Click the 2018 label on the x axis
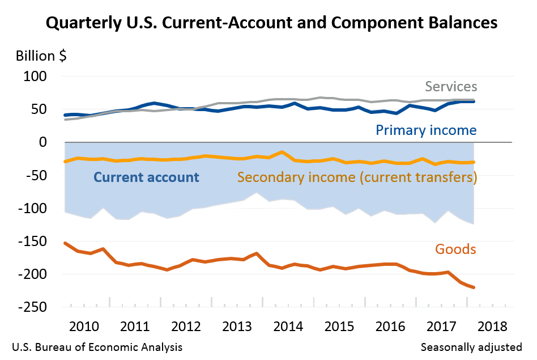click(492, 327)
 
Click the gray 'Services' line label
click(451, 87)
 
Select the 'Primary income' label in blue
click(426, 130)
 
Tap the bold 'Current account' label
click(146, 177)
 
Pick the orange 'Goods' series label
click(455, 249)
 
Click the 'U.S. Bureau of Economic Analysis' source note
click(96, 346)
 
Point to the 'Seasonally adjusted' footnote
click(471, 346)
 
